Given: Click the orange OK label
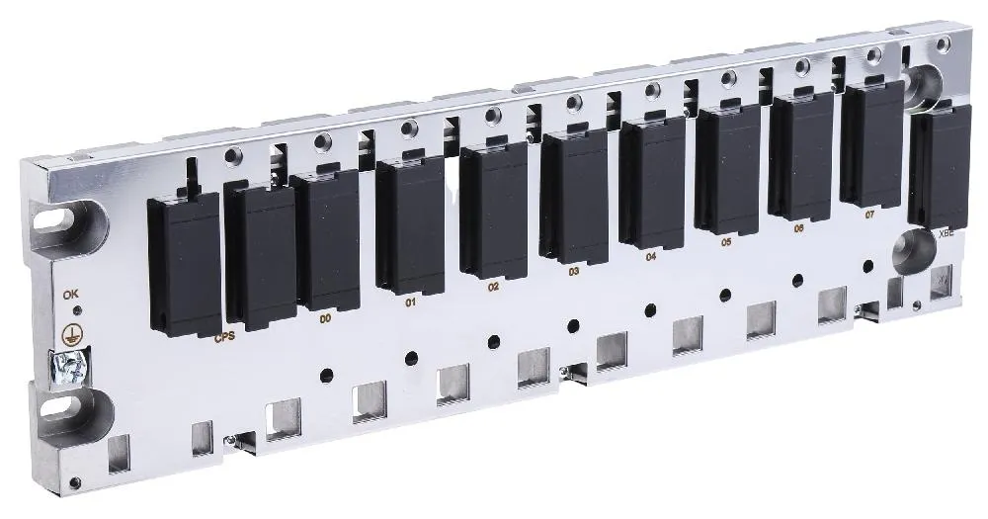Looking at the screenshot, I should pyautogui.click(x=69, y=295).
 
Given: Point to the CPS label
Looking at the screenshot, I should pyautogui.click(x=225, y=338).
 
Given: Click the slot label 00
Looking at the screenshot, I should pyautogui.click(x=324, y=319).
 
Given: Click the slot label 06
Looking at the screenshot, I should pyautogui.click(x=799, y=228).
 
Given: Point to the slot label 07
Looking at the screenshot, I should pyautogui.click(x=869, y=215).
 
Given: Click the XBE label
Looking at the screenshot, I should pyautogui.click(x=946, y=234).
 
